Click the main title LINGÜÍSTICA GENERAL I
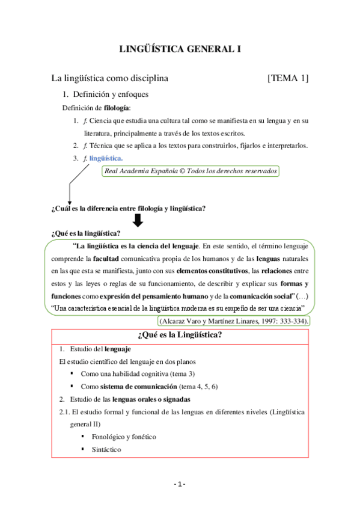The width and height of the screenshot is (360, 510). point(180,49)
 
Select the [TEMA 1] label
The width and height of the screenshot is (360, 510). point(288,78)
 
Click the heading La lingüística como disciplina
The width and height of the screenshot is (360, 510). point(109,78)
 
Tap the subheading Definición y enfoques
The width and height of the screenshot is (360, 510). point(111,94)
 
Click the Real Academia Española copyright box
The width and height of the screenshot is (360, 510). point(191,171)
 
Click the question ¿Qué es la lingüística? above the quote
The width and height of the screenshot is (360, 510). point(86,233)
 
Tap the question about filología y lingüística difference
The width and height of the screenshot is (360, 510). point(129,209)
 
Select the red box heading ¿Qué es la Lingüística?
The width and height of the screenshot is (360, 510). point(180,335)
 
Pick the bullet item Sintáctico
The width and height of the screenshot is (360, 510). point(106,449)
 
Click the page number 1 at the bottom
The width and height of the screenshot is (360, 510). point(180,485)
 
